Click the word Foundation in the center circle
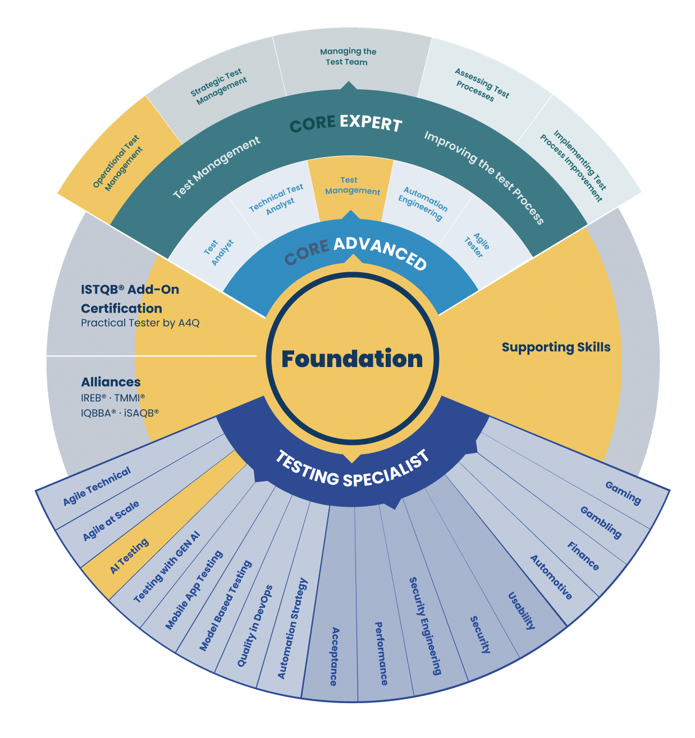tap(352, 359)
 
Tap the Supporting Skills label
tap(556, 347)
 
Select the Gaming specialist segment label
tap(623, 493)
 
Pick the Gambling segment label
tap(601, 522)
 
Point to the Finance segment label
tap(583, 556)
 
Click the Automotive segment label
tap(551, 577)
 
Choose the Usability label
tap(522, 611)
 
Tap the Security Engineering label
tap(425, 626)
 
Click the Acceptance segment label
tap(334, 657)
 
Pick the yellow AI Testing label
tap(129, 556)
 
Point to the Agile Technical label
tap(97, 485)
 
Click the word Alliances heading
tap(111, 382)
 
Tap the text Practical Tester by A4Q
tap(140, 323)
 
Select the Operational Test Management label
tap(117, 163)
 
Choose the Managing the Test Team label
tap(347, 57)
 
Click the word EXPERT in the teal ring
tap(371, 123)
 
